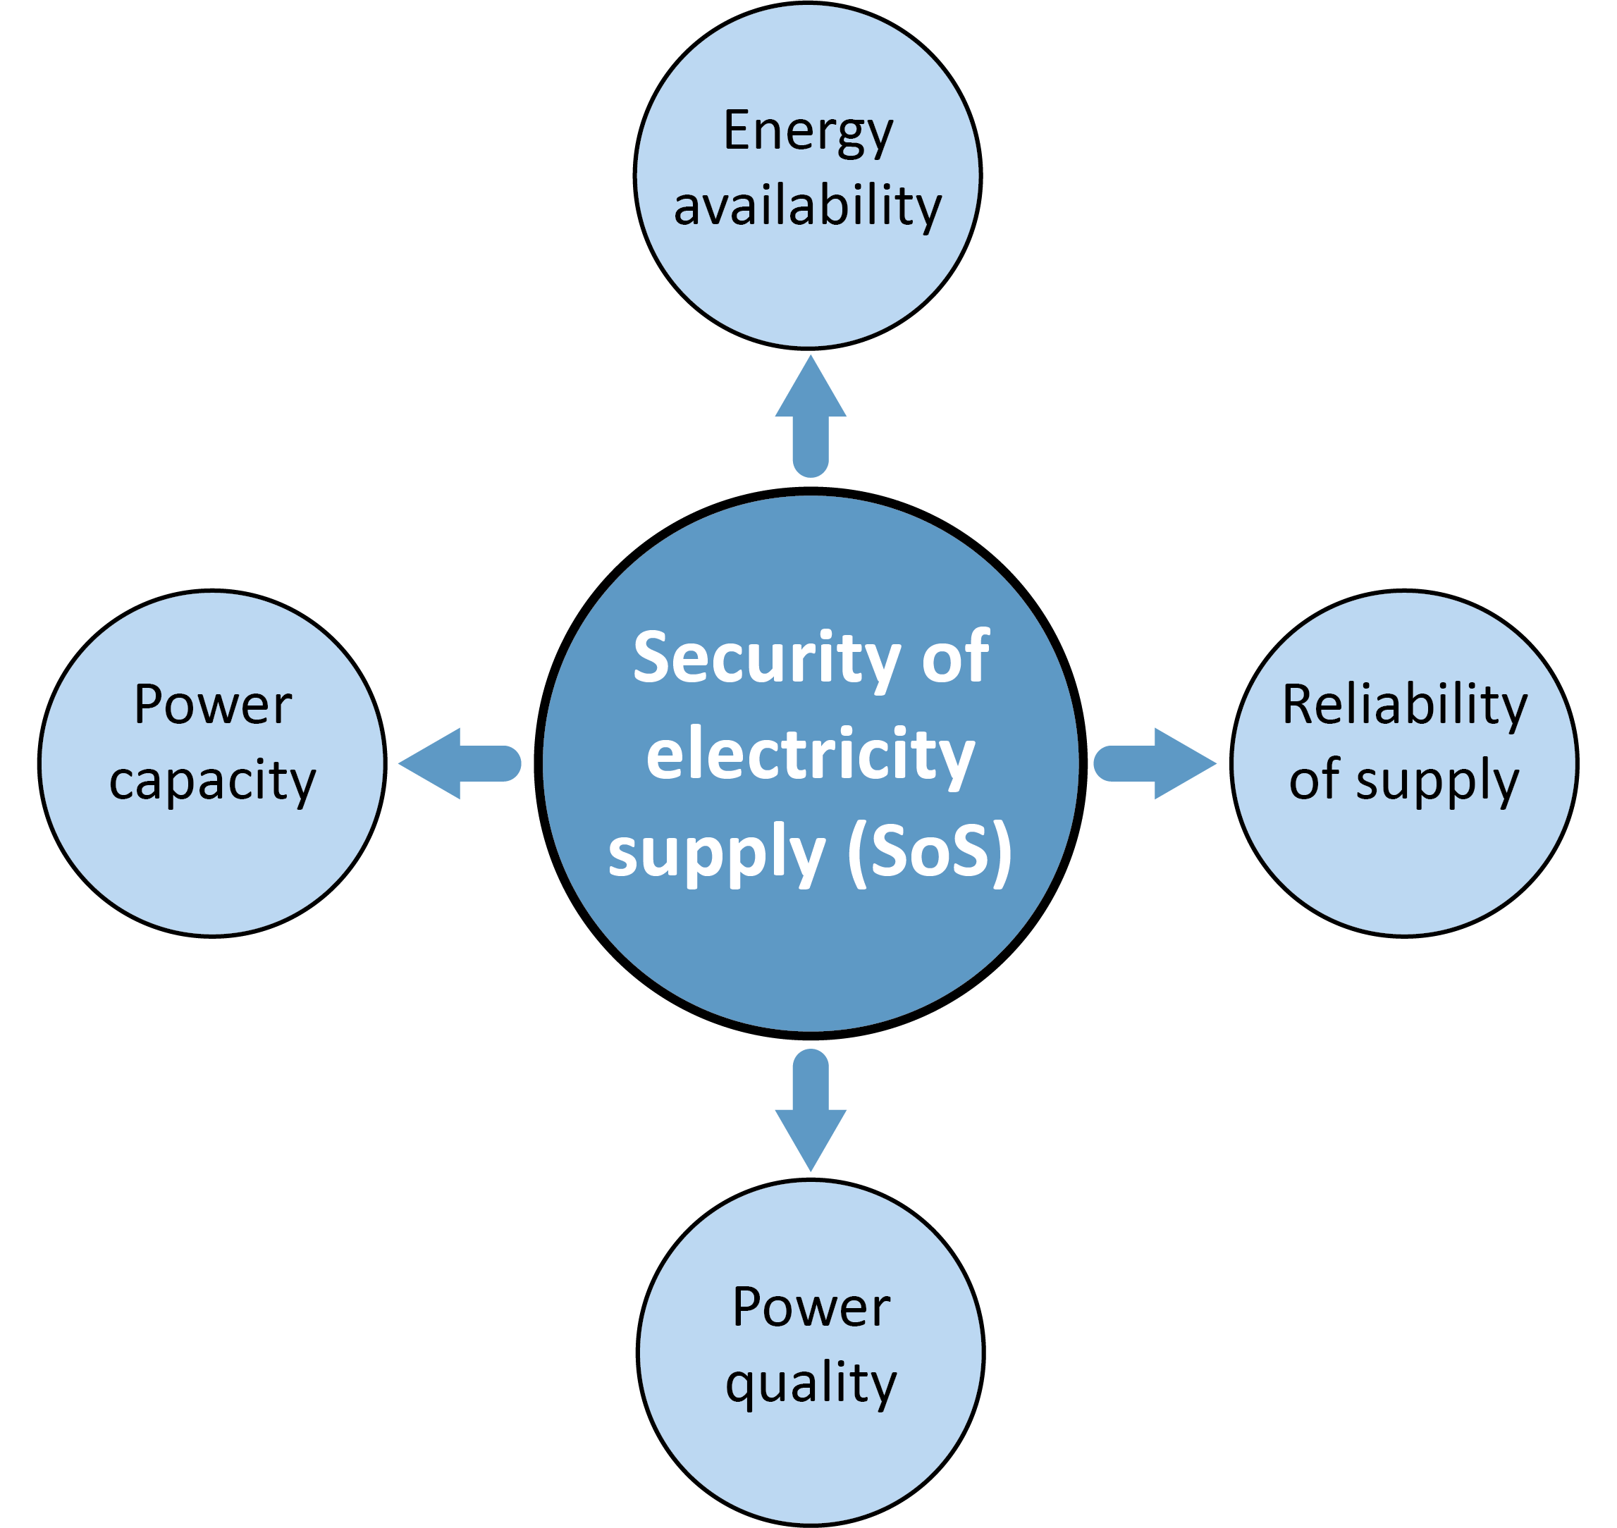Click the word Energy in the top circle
coord(807,132)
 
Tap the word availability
coord(807,205)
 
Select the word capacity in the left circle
coord(213,780)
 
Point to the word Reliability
coord(1404,705)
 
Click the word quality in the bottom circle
coord(811,1383)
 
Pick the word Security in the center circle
coord(766,658)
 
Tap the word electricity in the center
coord(811,754)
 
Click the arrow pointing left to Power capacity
coord(460,763)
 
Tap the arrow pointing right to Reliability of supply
coord(1155,763)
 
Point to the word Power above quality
coord(811,1308)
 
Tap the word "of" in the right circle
coord(1314,780)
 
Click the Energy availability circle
coord(807,277)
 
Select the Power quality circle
coord(811,1450)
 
